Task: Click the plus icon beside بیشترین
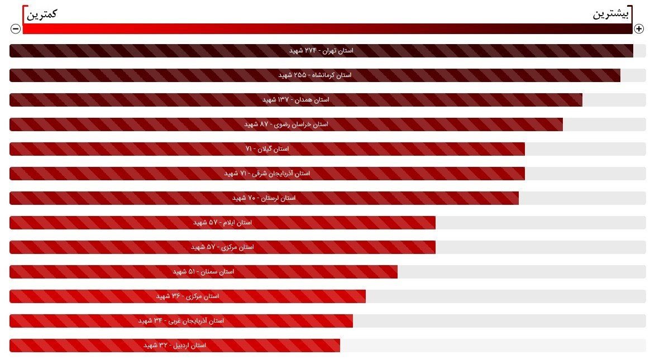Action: point(639,28)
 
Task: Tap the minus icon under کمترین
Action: point(16,28)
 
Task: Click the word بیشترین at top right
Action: point(610,14)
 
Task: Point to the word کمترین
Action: point(42,14)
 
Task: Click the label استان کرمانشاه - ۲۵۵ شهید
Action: point(315,75)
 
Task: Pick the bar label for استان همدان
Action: point(296,100)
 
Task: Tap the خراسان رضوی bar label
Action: point(286,124)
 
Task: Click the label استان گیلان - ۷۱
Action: point(267,149)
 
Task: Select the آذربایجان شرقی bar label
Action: point(267,174)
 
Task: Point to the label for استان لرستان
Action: point(264,198)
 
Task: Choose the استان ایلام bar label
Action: point(222,223)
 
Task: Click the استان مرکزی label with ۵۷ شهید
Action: point(222,247)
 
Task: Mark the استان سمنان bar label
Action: point(203,272)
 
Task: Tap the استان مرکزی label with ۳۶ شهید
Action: point(187,296)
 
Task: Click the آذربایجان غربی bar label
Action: point(181,321)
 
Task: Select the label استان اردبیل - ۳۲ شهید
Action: point(175,345)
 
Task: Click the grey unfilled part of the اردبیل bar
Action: point(491,345)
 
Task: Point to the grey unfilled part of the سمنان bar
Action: point(519,272)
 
